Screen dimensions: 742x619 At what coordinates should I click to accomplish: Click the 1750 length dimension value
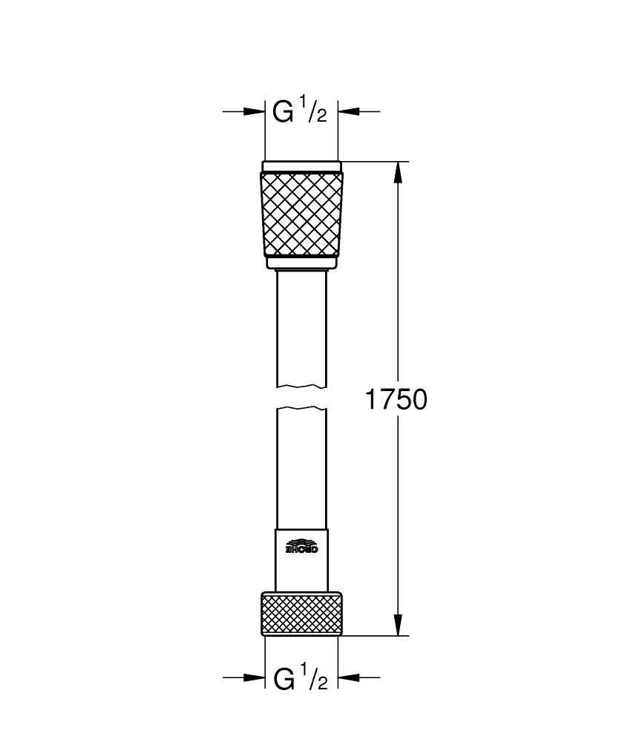pos(396,400)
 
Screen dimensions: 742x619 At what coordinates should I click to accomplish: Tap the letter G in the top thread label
pos(284,112)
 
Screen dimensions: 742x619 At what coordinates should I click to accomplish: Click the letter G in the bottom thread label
pos(284,678)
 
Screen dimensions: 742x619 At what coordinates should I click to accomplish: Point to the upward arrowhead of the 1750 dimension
pos(399,172)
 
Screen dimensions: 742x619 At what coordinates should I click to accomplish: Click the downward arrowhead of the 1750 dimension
pos(399,625)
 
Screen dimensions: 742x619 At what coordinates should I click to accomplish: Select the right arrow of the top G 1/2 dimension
pos(350,112)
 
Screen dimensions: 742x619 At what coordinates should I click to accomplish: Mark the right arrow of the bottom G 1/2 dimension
pos(350,678)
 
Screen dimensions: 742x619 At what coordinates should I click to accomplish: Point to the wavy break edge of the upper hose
pos(302,386)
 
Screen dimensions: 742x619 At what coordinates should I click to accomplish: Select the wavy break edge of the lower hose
pos(302,408)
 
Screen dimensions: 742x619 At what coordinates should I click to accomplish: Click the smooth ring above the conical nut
pos(302,166)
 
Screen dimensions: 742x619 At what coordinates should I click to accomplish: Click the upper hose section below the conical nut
pos(302,326)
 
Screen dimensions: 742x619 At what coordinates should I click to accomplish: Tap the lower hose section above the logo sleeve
pos(302,467)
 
